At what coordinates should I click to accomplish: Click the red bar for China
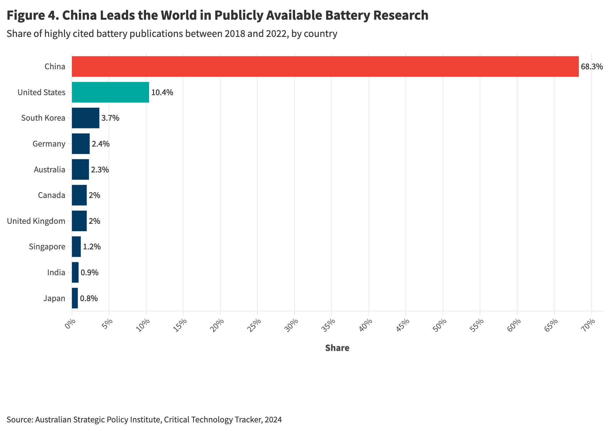325,66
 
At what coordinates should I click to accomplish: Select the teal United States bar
110,92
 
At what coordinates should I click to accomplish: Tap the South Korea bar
85,118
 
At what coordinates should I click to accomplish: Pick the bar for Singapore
76,247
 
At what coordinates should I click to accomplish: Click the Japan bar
75,298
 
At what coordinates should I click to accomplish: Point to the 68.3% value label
591,66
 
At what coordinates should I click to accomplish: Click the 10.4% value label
162,92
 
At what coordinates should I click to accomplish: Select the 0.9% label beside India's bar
89,272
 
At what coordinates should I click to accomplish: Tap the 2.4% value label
100,144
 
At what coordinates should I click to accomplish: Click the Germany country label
49,144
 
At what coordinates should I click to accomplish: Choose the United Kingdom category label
36,221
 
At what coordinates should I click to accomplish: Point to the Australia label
49,170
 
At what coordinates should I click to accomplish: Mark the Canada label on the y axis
51,195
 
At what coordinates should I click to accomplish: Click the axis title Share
337,348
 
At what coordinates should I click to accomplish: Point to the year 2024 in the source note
273,420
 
